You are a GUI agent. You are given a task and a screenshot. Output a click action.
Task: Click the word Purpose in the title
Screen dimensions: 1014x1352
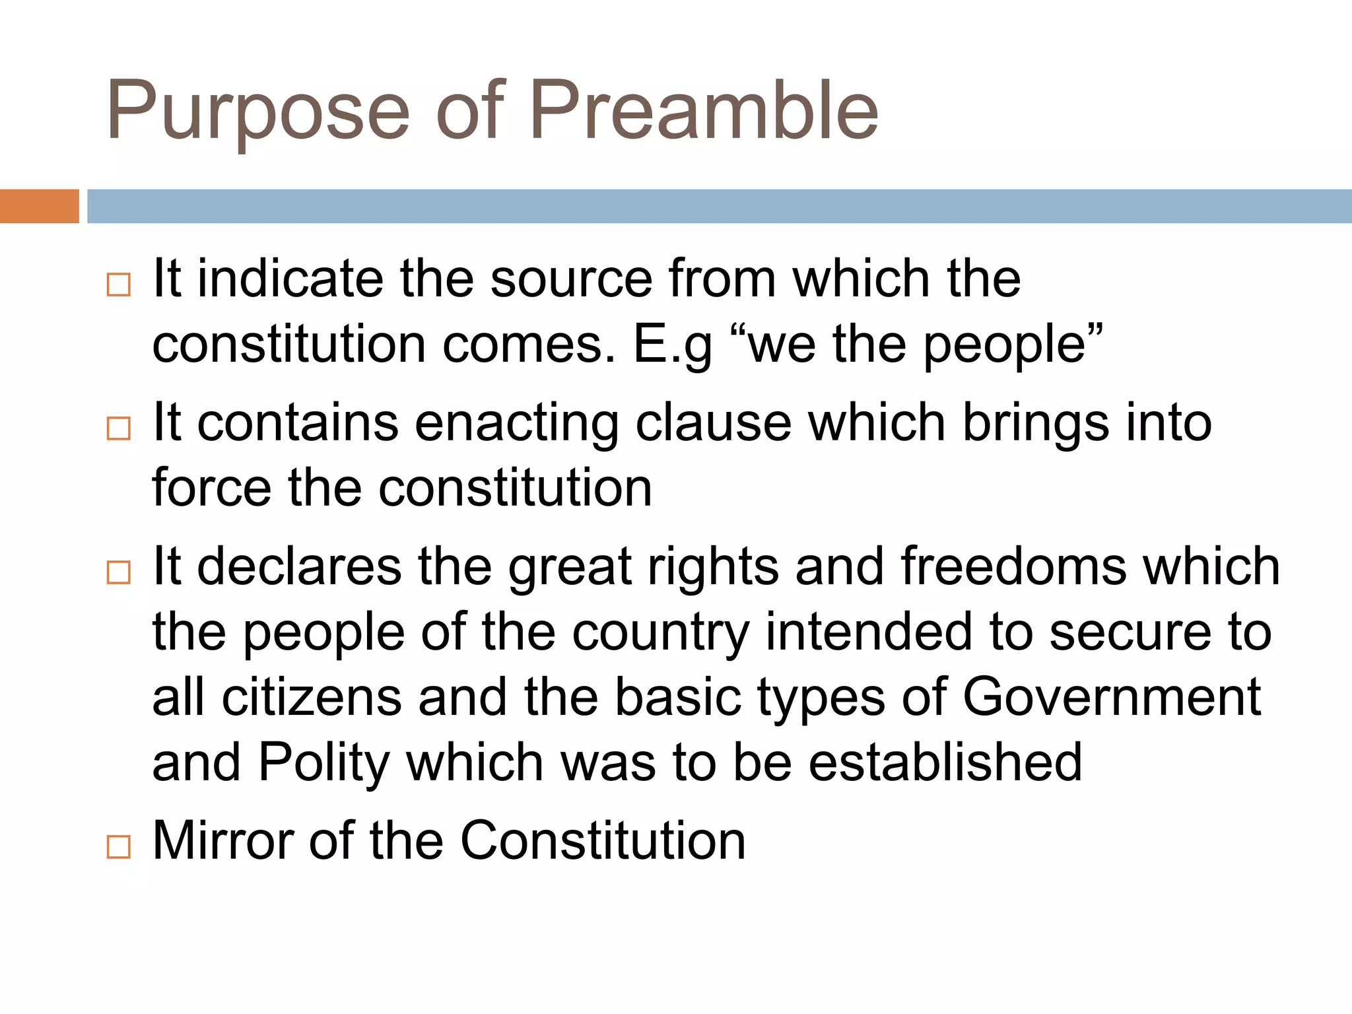[x=257, y=112]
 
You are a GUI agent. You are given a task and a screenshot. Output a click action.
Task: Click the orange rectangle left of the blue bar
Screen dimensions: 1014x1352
[x=39, y=206]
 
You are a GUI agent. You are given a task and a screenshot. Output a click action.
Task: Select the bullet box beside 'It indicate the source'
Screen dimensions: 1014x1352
[x=119, y=285]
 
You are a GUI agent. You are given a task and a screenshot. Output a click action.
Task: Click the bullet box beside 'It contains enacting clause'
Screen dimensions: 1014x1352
[x=119, y=428]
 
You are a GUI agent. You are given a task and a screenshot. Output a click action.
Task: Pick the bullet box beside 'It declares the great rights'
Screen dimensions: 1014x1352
[x=119, y=572]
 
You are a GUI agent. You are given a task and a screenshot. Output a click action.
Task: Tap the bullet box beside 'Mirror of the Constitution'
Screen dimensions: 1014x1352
[x=119, y=846]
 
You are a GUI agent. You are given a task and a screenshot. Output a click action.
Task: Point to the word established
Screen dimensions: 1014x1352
[x=945, y=762]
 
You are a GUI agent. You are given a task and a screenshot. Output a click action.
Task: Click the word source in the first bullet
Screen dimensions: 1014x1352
[x=571, y=279]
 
